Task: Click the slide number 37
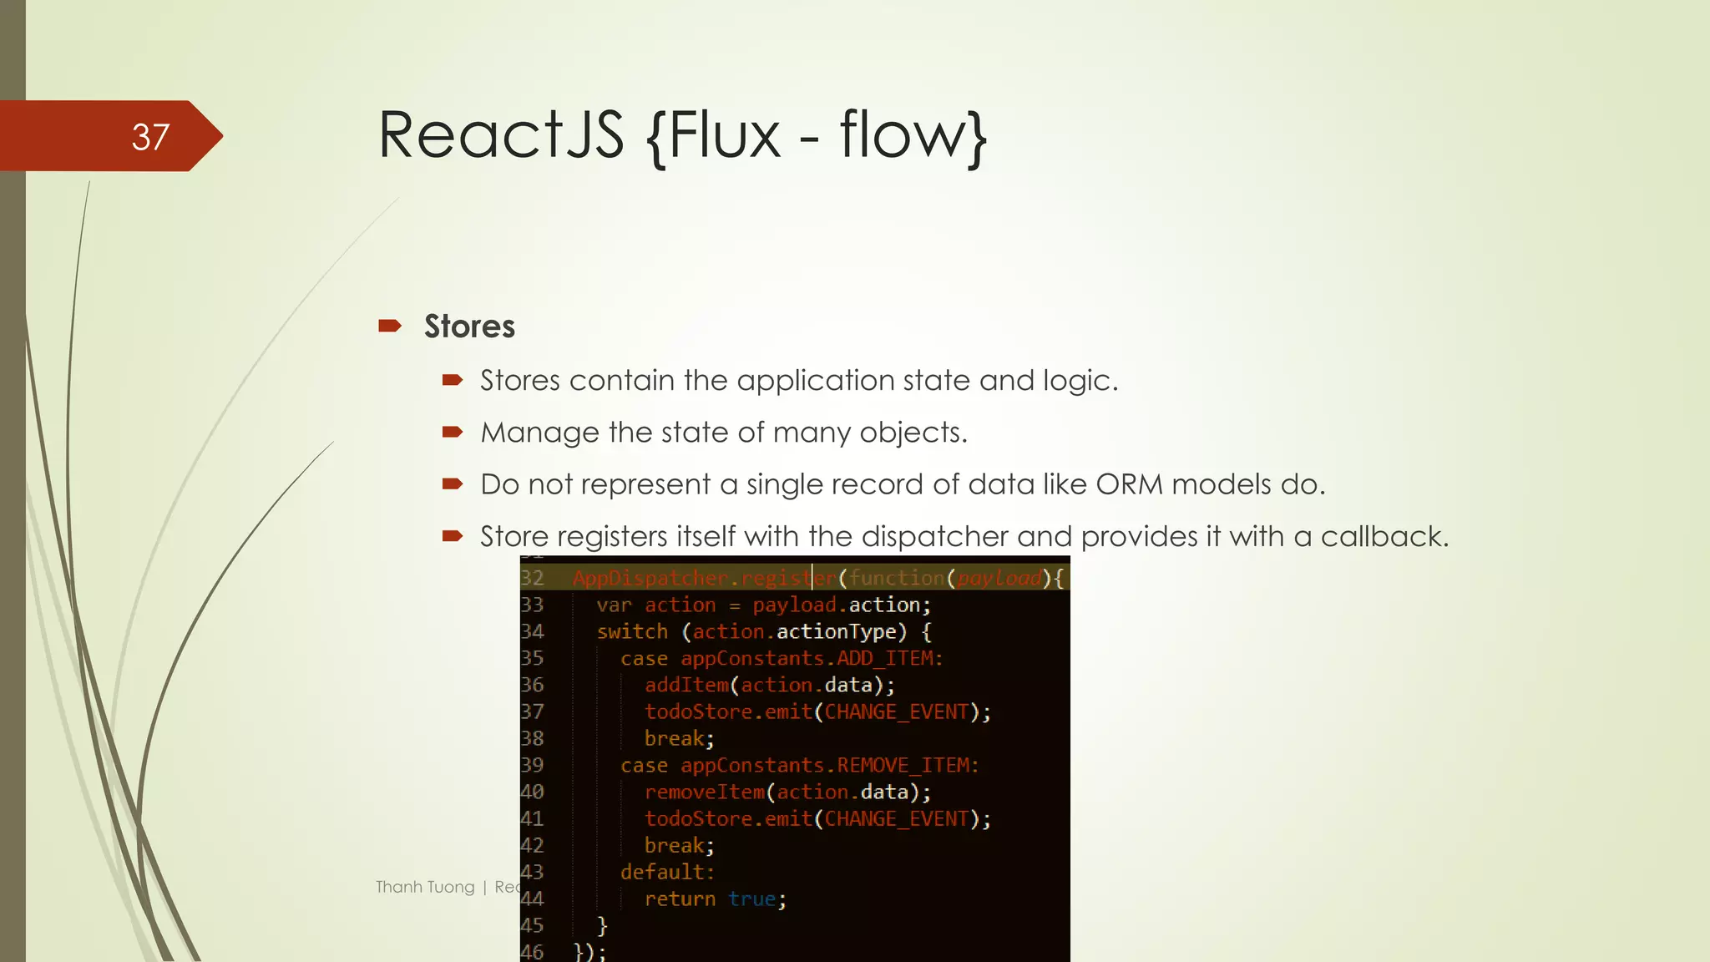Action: tap(150, 137)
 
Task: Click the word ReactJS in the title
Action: tap(501, 135)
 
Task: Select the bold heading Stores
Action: tap(469, 327)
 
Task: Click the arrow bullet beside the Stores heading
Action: tap(390, 326)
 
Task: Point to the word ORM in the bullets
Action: tap(1129, 484)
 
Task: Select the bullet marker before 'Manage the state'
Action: tap(453, 432)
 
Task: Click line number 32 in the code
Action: tap(532, 578)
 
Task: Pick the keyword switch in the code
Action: tap(632, 631)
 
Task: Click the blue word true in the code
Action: tap(751, 899)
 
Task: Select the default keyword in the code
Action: tap(665, 872)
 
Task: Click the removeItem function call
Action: tap(704, 792)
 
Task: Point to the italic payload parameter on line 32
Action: tap(999, 578)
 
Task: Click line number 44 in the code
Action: tap(532, 899)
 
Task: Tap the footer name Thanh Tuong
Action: tap(425, 887)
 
